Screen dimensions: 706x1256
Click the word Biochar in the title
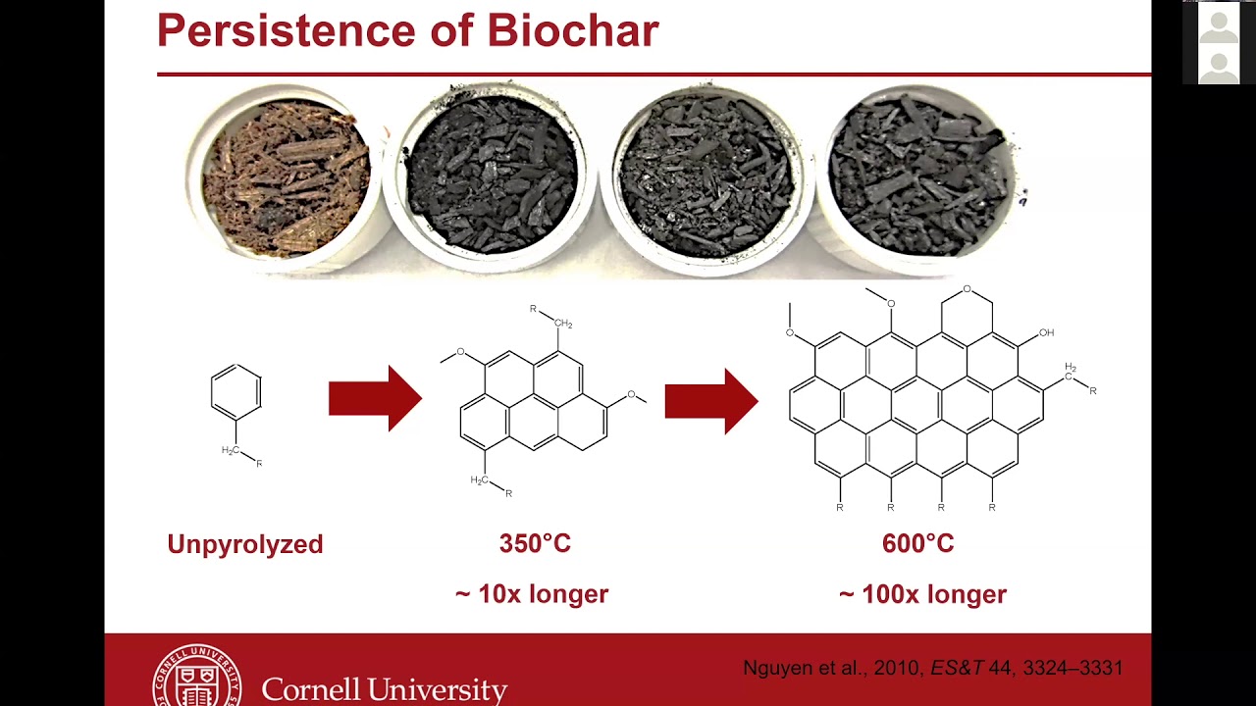573,31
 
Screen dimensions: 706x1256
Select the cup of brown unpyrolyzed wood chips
286,177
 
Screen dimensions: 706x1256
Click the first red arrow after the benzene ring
375,398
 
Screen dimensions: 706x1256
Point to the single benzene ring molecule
236,391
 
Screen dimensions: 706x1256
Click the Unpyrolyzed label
244,544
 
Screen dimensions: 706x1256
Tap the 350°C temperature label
535,544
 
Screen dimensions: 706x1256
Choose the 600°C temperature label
917,544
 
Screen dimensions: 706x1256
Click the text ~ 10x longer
532,594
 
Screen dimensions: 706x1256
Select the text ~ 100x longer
922,594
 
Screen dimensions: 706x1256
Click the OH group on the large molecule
1046,333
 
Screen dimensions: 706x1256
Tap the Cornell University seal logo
196,677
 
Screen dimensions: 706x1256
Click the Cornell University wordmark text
384,690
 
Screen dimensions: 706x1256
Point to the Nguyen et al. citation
932,669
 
